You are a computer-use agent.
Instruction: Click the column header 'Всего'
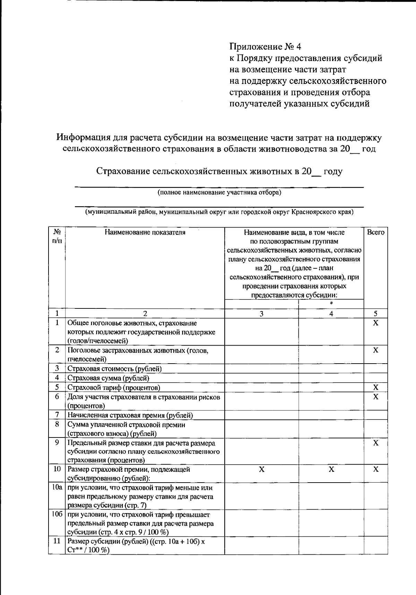coord(375,232)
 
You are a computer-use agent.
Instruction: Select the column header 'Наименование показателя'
coord(145,232)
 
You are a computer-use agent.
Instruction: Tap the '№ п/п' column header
coord(57,236)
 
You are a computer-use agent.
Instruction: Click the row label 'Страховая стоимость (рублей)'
coord(114,368)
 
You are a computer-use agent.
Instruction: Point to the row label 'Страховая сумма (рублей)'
coord(108,378)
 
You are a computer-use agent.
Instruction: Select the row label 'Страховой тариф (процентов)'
coord(114,387)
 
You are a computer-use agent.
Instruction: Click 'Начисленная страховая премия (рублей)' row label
coord(130,415)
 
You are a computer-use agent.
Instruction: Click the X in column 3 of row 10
coord(262,469)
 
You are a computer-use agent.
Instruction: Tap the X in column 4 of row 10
coord(331,469)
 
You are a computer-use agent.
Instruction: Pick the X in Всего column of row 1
coord(375,323)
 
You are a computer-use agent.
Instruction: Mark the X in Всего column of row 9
coord(375,443)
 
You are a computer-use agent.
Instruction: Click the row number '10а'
coord(57,487)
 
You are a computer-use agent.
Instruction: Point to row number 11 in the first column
coord(57,541)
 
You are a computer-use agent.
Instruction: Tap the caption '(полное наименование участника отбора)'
coord(219,193)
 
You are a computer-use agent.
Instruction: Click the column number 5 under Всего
coord(375,314)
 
